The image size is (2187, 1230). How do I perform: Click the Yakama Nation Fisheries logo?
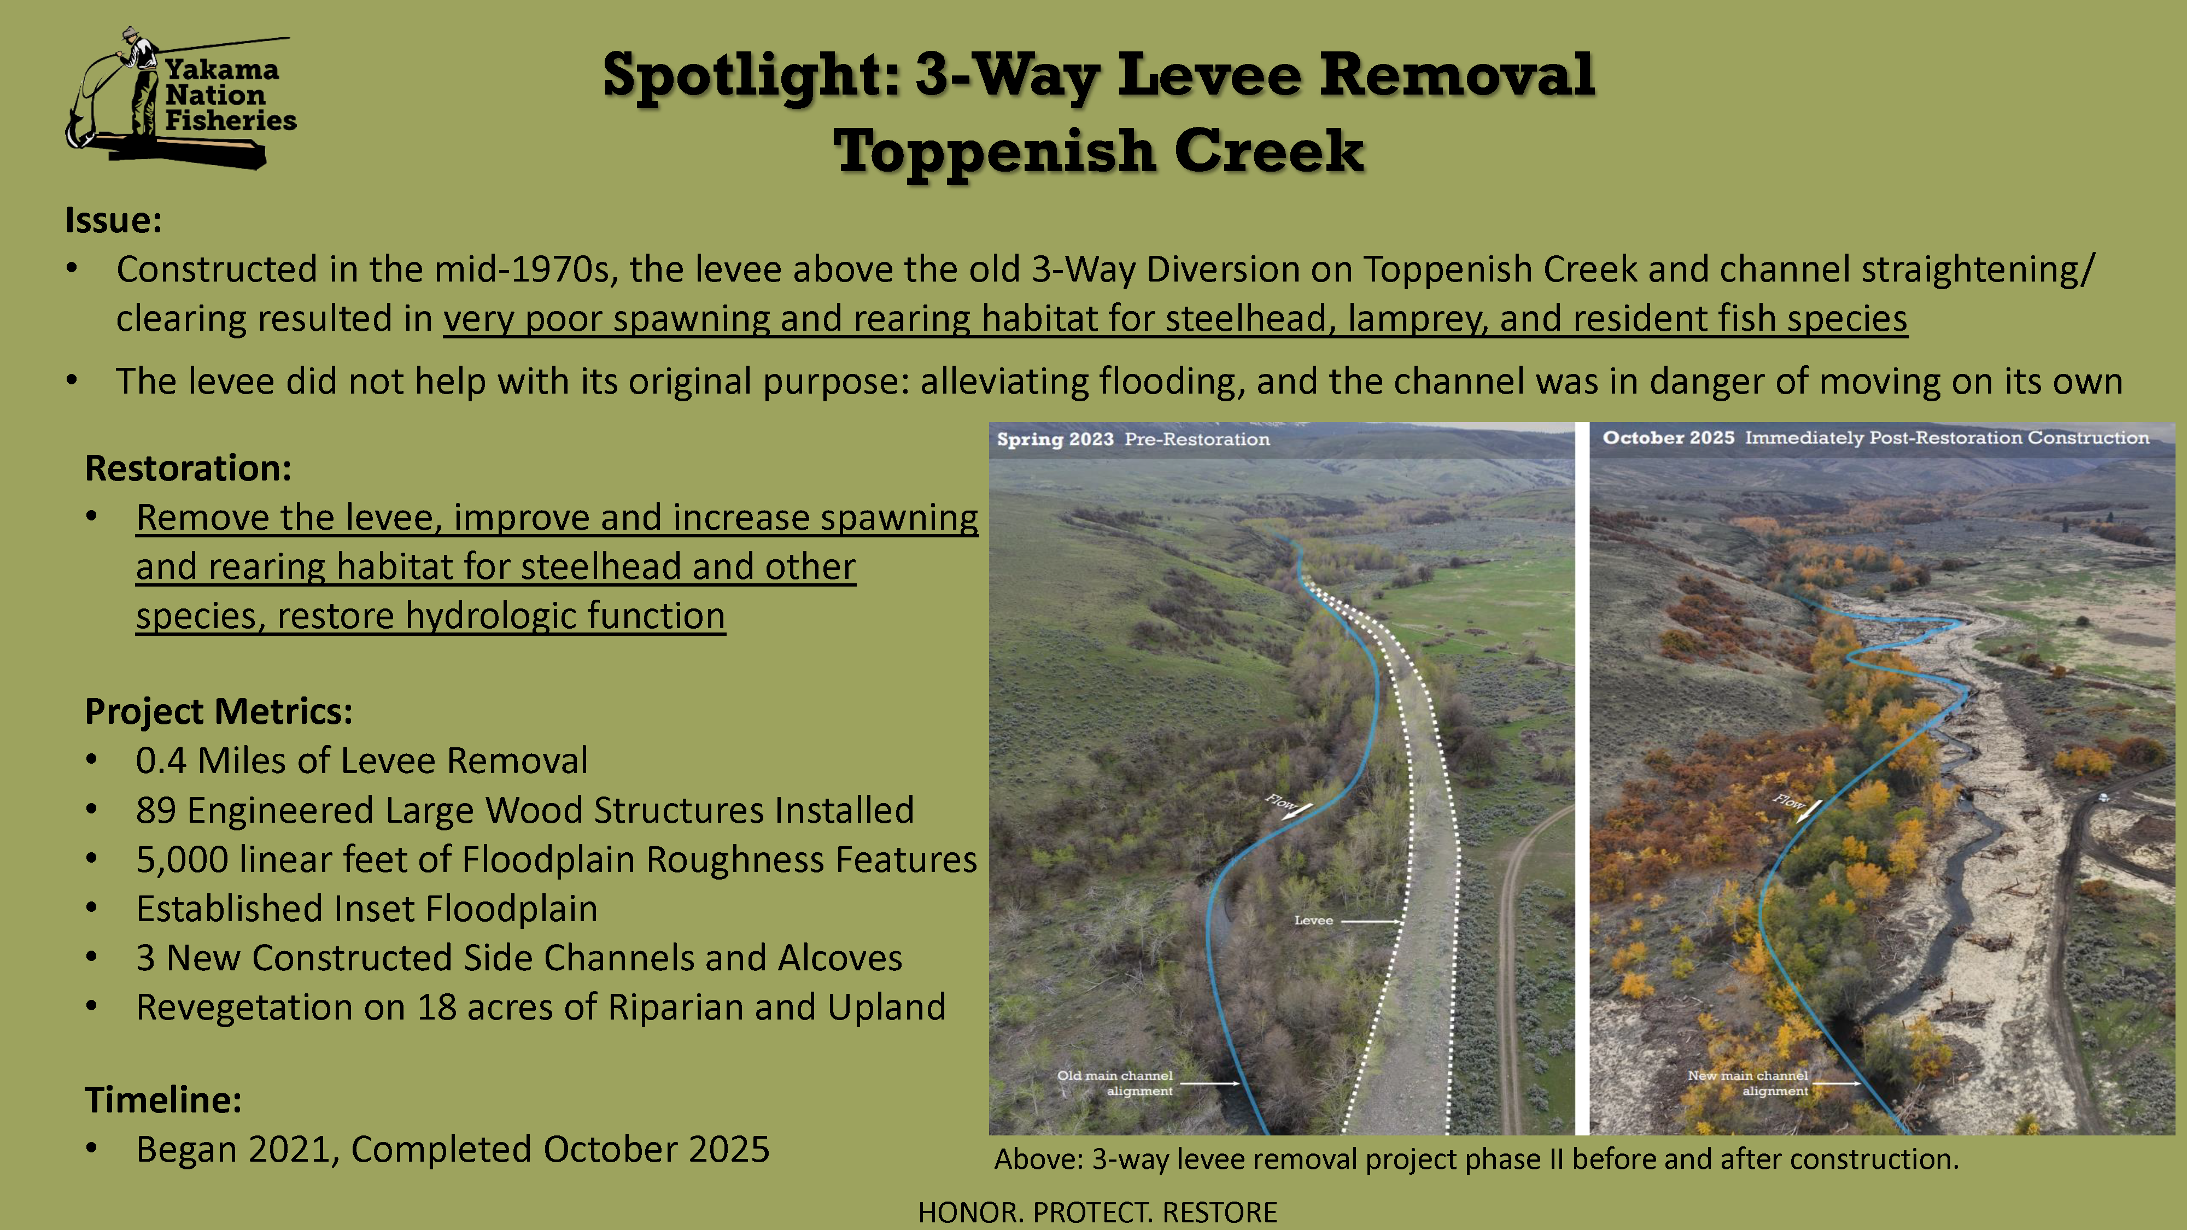point(181,98)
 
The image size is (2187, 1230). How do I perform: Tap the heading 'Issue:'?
point(113,220)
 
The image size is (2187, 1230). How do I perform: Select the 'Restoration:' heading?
point(188,468)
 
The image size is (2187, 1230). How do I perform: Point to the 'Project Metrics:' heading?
point(218,711)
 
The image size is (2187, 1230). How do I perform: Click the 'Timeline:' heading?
point(163,1099)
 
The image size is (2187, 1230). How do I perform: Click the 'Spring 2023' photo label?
point(1055,439)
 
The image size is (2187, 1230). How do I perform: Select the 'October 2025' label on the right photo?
point(1668,437)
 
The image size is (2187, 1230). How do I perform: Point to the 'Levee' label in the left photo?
point(1313,920)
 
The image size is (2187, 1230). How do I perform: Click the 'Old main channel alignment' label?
point(1115,1082)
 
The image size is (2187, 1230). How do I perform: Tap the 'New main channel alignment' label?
point(1748,1082)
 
